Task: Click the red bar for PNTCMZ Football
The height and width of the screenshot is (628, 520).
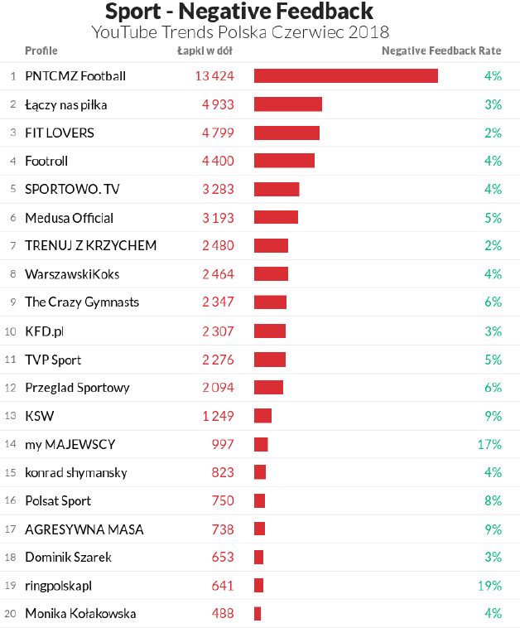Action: pyautogui.click(x=345, y=76)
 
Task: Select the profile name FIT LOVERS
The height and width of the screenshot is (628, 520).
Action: pyautogui.click(x=60, y=133)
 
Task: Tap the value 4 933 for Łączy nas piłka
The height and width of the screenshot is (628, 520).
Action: pyautogui.click(x=218, y=104)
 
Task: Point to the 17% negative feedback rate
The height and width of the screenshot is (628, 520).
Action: pyautogui.click(x=489, y=444)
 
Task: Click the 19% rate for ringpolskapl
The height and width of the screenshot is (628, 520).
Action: pyautogui.click(x=489, y=586)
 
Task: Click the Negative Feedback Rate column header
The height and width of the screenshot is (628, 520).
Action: pyautogui.click(x=441, y=51)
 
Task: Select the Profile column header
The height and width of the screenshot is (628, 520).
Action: pyautogui.click(x=41, y=51)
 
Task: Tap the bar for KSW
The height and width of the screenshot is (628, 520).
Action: pyautogui.click(x=262, y=416)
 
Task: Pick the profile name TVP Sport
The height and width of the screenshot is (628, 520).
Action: pyautogui.click(x=53, y=360)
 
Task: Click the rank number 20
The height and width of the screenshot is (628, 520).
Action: pyautogui.click(x=11, y=614)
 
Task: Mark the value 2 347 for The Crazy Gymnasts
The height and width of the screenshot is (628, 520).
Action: pyautogui.click(x=218, y=302)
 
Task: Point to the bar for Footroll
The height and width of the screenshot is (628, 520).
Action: pyautogui.click(x=284, y=161)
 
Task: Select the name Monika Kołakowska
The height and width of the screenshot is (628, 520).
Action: pyautogui.click(x=80, y=614)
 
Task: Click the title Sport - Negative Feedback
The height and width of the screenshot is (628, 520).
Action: pyautogui.click(x=239, y=12)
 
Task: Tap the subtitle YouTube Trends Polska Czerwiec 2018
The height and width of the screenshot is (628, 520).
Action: pyautogui.click(x=240, y=32)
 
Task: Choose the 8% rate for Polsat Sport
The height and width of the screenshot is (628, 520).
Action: pyautogui.click(x=494, y=500)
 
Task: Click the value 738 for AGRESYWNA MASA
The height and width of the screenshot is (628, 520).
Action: pyautogui.click(x=223, y=529)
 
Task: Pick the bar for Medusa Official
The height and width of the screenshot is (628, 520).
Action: pyautogui.click(x=276, y=218)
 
